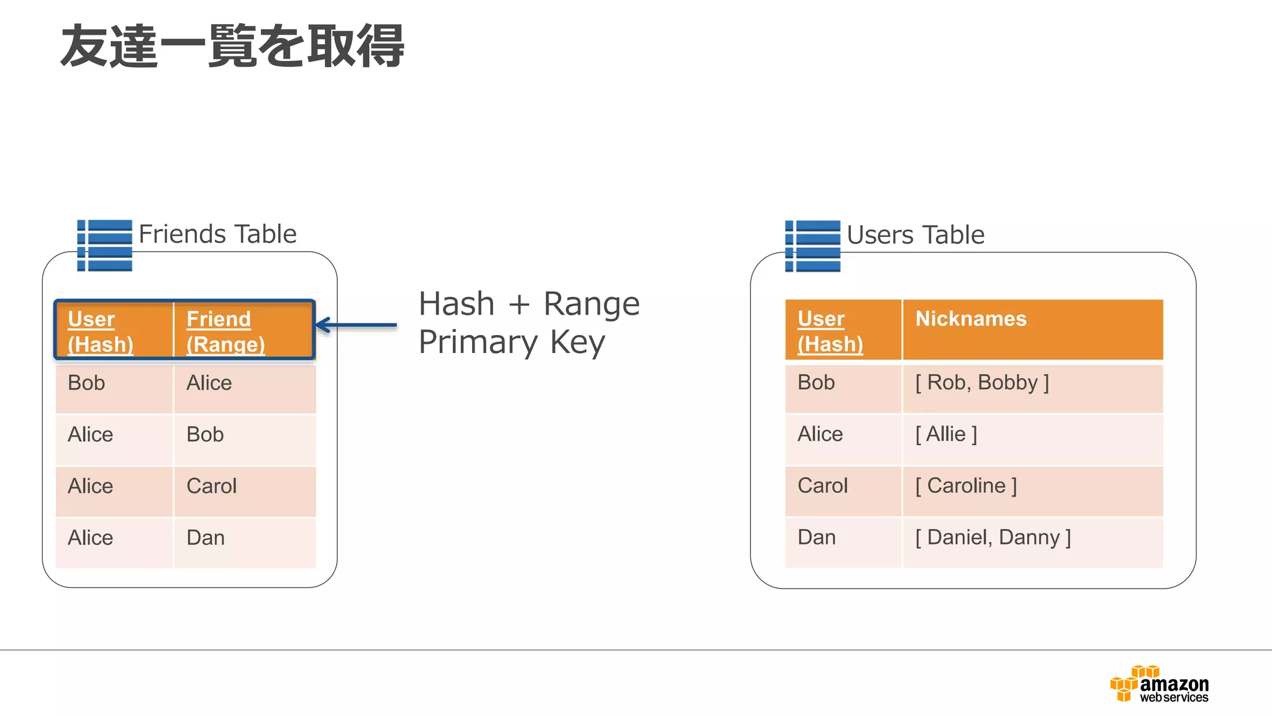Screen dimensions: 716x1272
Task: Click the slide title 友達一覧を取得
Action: coord(232,46)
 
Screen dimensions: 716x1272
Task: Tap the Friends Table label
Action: coord(217,234)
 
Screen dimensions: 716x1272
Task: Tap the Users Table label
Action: coord(915,235)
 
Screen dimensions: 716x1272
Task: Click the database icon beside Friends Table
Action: coord(104,246)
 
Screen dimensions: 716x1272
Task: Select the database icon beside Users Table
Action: coord(812,246)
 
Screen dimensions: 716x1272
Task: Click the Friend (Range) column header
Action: coord(226,331)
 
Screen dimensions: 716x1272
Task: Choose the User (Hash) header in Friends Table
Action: coord(101,331)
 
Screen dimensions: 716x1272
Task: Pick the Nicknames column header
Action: coord(971,319)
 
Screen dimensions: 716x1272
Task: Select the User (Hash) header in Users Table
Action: coord(830,331)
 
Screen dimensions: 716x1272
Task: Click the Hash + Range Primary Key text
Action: coord(529,323)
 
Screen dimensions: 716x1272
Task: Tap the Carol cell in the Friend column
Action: coord(212,486)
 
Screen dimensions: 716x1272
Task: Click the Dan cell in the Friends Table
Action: coord(206,538)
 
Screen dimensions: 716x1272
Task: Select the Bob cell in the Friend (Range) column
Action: coord(205,434)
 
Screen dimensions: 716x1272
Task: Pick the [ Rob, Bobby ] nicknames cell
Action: coord(982,383)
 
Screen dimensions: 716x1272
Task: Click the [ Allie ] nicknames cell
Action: coord(946,434)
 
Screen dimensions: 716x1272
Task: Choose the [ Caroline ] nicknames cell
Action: coord(966,486)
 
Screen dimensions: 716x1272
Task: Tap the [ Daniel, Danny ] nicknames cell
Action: coord(993,538)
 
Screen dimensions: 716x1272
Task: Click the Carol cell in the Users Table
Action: coord(822,486)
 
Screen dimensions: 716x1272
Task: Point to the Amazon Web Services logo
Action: coord(1160,684)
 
